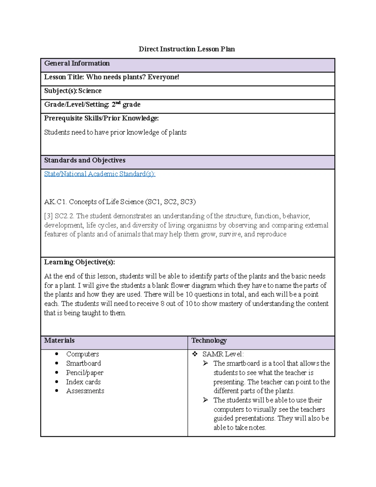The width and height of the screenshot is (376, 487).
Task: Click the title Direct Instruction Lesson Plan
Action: (187, 49)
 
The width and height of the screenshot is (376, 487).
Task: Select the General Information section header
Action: (77, 63)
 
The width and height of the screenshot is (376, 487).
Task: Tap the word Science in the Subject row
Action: (90, 91)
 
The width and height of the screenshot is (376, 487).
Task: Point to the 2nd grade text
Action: (126, 104)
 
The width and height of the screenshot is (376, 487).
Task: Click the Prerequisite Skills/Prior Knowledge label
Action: (101, 118)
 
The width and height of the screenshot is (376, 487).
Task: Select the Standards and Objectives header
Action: (85, 160)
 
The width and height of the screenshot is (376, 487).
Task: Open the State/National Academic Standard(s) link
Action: (100, 174)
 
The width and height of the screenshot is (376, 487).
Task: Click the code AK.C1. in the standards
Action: (55, 202)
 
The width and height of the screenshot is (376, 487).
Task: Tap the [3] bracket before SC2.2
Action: (48, 216)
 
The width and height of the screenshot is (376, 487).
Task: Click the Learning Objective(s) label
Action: (79, 262)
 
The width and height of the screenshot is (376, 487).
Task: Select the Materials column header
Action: (59, 341)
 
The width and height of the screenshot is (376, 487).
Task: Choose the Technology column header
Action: (209, 341)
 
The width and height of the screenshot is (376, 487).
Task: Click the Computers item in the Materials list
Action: (82, 354)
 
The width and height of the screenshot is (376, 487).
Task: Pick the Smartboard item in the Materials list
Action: (83, 363)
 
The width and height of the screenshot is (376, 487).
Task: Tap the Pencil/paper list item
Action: (85, 373)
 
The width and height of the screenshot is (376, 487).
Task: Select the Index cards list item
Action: (83, 382)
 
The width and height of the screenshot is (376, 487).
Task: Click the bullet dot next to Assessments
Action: (57, 391)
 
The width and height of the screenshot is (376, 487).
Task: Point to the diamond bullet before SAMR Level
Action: (195, 354)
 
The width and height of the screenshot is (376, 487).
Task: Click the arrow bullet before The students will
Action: (206, 400)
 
